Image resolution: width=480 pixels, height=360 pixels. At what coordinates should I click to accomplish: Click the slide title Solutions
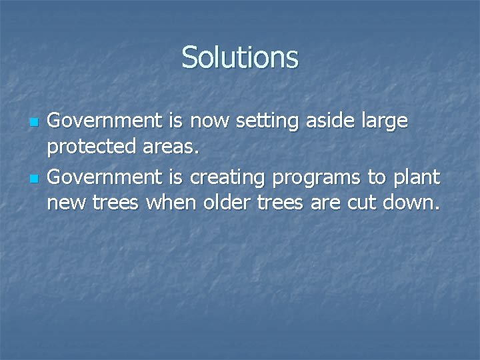click(240, 57)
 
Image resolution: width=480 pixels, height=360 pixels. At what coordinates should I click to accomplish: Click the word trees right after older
click(283, 202)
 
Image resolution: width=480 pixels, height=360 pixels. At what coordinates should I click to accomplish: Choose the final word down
click(413, 202)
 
